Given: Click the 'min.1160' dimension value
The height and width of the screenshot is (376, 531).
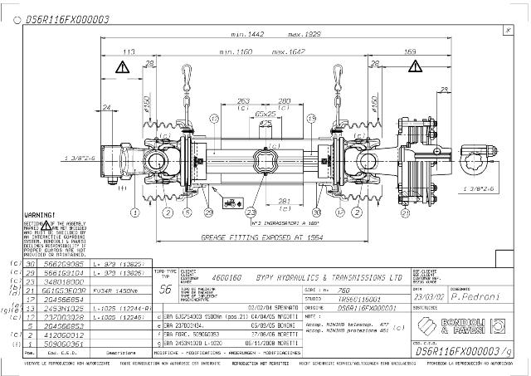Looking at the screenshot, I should click(237, 51).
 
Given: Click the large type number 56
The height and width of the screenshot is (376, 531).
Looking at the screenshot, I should click(164, 290).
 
